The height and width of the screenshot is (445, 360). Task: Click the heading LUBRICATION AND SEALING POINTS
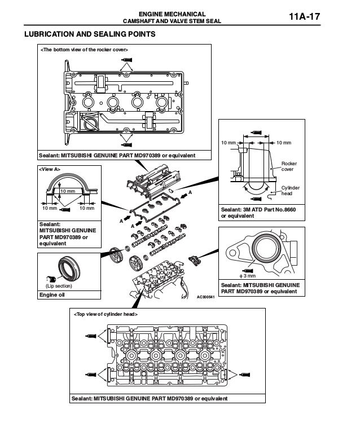point(89,35)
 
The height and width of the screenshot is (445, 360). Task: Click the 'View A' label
point(49,169)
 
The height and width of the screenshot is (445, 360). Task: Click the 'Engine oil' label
point(52,294)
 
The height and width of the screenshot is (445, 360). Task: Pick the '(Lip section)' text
point(57,285)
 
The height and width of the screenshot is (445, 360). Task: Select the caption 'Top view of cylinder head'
point(104,313)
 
